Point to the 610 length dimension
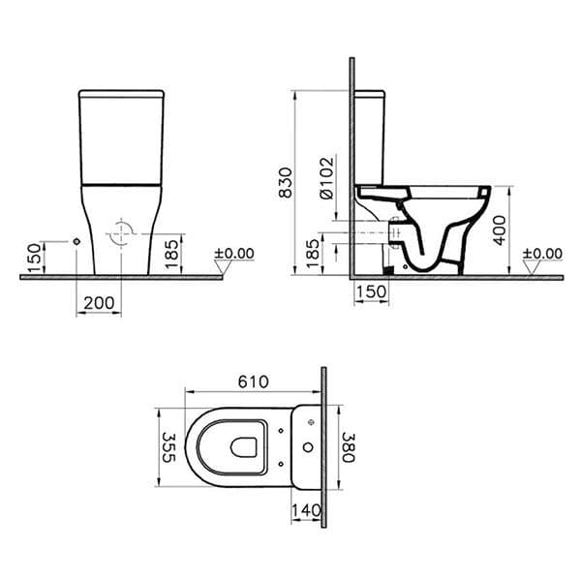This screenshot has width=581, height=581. pos(253,382)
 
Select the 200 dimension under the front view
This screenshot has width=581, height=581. pos(99,303)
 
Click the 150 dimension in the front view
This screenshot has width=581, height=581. pos(35,258)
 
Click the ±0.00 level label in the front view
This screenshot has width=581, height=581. pos(233,254)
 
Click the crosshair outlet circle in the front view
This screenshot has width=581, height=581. pos(121,234)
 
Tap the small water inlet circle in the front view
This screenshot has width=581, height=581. pos(76,239)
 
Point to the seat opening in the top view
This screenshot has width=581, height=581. pos(243,447)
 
